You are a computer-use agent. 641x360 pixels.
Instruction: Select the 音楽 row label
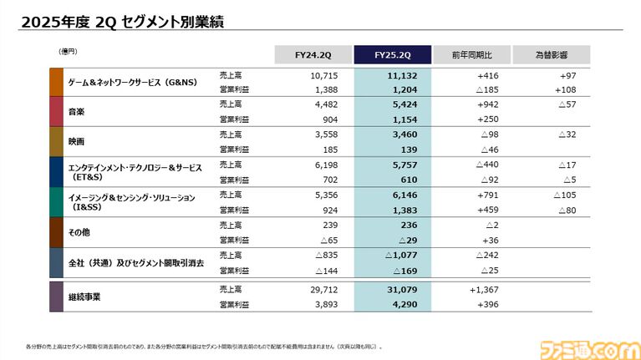click(77, 111)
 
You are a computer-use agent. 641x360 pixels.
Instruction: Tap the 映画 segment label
click(77, 141)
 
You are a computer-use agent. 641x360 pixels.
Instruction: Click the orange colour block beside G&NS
click(56, 82)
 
